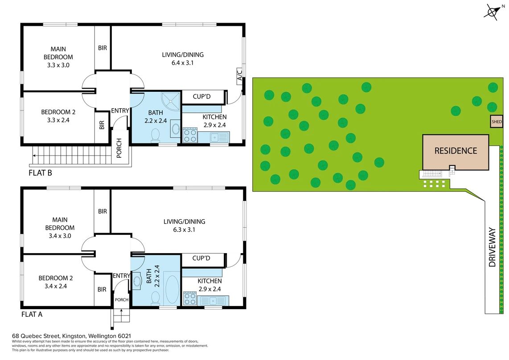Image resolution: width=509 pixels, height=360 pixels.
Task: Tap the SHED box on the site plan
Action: click(497, 122)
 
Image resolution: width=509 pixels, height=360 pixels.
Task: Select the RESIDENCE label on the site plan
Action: click(456, 151)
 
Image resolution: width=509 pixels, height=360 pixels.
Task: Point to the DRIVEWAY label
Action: click(492, 247)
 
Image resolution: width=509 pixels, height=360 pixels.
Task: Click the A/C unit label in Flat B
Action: click(239, 75)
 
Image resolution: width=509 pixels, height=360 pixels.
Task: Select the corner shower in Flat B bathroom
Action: click(170, 101)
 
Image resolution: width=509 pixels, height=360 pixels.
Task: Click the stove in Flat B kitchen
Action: click(189, 135)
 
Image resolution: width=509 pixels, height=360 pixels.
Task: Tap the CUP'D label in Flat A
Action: click(201, 258)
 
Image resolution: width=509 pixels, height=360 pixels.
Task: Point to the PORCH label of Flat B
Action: click(119, 148)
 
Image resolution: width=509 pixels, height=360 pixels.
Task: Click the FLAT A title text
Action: click(32, 314)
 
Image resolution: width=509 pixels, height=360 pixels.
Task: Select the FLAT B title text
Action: click(40, 173)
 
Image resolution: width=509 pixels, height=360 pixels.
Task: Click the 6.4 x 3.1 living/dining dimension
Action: click(182, 63)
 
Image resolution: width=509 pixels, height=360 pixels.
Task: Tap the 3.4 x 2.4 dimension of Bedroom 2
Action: click(56, 286)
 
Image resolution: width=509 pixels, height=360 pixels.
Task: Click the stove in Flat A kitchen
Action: click(189, 299)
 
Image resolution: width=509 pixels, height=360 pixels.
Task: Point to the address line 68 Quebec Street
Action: click(71, 336)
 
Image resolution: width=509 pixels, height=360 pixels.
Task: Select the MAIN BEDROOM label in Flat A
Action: click(60, 224)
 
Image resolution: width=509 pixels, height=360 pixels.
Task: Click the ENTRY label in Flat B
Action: click(120, 110)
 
